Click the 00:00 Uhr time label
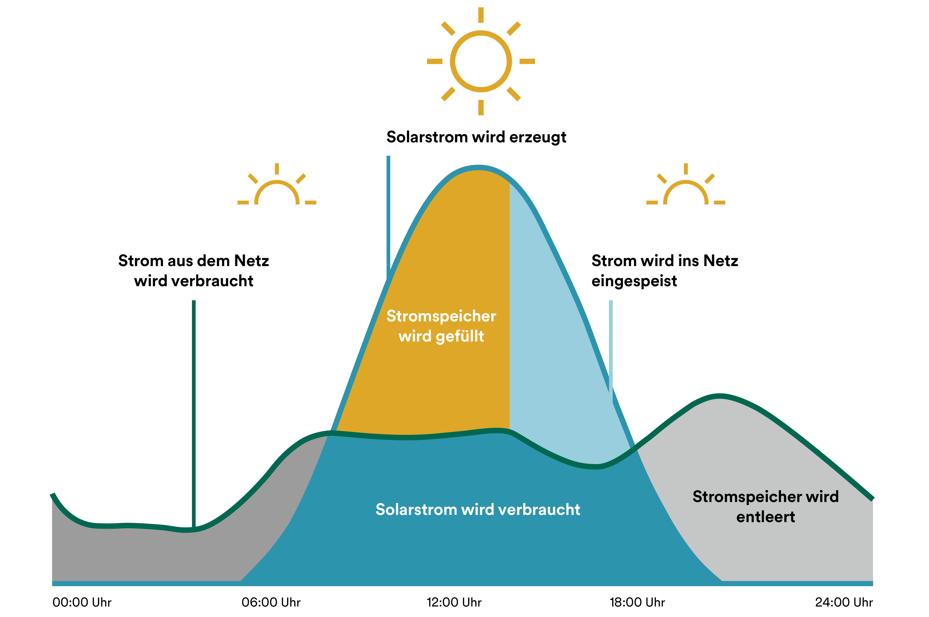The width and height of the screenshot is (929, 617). (82, 602)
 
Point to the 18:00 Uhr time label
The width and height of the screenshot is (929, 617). (637, 602)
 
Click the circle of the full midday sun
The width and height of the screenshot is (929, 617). (481, 61)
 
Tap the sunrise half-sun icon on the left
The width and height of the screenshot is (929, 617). (277, 189)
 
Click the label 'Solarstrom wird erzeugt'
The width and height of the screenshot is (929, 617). (476, 137)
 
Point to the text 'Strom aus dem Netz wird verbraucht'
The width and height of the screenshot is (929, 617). (193, 271)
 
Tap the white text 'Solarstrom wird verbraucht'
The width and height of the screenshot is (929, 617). (478, 510)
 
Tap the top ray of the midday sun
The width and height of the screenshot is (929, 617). (481, 15)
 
